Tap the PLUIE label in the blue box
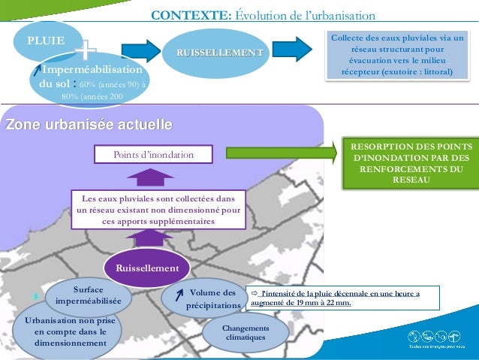[46, 40]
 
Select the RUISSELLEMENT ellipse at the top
[219, 52]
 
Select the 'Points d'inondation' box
[153, 155]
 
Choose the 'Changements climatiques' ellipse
[246, 333]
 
